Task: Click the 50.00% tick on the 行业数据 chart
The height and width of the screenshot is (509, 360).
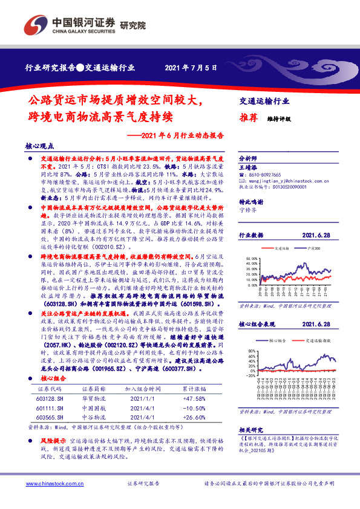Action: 251,259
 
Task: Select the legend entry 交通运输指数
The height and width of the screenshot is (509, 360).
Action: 313,342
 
